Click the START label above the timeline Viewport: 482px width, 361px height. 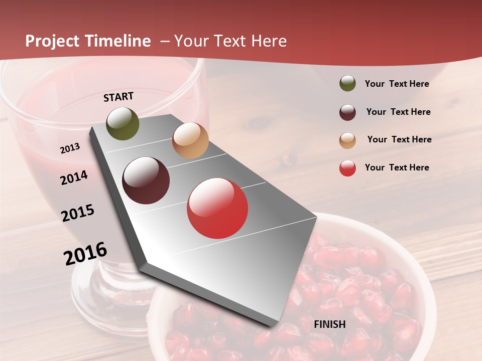point(118,97)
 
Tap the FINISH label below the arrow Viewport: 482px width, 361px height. point(330,324)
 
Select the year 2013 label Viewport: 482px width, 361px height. point(70,148)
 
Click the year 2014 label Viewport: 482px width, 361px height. point(74,177)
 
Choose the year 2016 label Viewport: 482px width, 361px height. point(85,254)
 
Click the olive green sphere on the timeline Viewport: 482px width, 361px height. point(123,124)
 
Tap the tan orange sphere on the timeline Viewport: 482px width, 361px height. point(190,140)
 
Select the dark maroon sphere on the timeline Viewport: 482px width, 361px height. point(146,180)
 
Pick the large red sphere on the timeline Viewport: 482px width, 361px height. point(217,208)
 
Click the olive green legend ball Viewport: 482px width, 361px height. point(347,84)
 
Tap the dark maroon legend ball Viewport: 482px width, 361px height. point(347,112)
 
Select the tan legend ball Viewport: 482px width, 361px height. point(347,140)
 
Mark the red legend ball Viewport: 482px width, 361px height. point(347,168)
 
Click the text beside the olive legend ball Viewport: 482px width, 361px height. point(397,84)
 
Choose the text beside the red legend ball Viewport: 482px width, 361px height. point(397,167)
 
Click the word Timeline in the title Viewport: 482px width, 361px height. point(118,41)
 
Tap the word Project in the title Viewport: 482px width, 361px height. point(52,41)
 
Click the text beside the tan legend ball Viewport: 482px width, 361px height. point(399,139)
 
